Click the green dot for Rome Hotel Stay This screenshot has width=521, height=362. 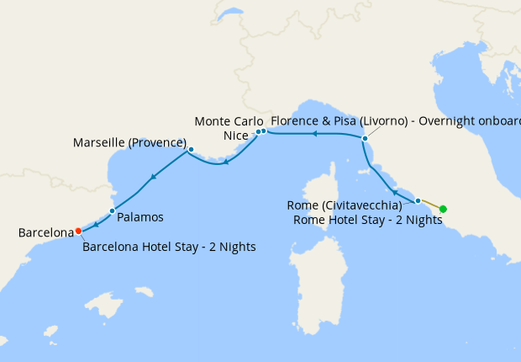tap(443, 209)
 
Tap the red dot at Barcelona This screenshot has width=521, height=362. tap(78, 230)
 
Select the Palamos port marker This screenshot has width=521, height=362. tap(112, 210)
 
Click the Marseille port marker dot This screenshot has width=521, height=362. tap(191, 150)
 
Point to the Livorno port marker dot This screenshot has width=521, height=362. tap(365, 138)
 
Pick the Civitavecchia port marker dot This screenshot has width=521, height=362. tap(418, 200)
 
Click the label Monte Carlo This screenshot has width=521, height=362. tap(223, 121)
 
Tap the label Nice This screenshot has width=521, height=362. tap(239, 135)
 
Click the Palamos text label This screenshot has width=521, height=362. tap(140, 216)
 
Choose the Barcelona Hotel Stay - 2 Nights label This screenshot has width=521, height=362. tap(169, 248)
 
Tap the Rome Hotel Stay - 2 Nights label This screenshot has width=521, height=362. tap(367, 220)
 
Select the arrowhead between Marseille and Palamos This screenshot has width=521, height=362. tap(152, 177)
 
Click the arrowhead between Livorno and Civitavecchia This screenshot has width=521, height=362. tap(396, 193)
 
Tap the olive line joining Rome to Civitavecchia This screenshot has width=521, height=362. tap(430, 205)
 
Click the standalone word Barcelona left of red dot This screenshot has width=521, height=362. tap(45, 232)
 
